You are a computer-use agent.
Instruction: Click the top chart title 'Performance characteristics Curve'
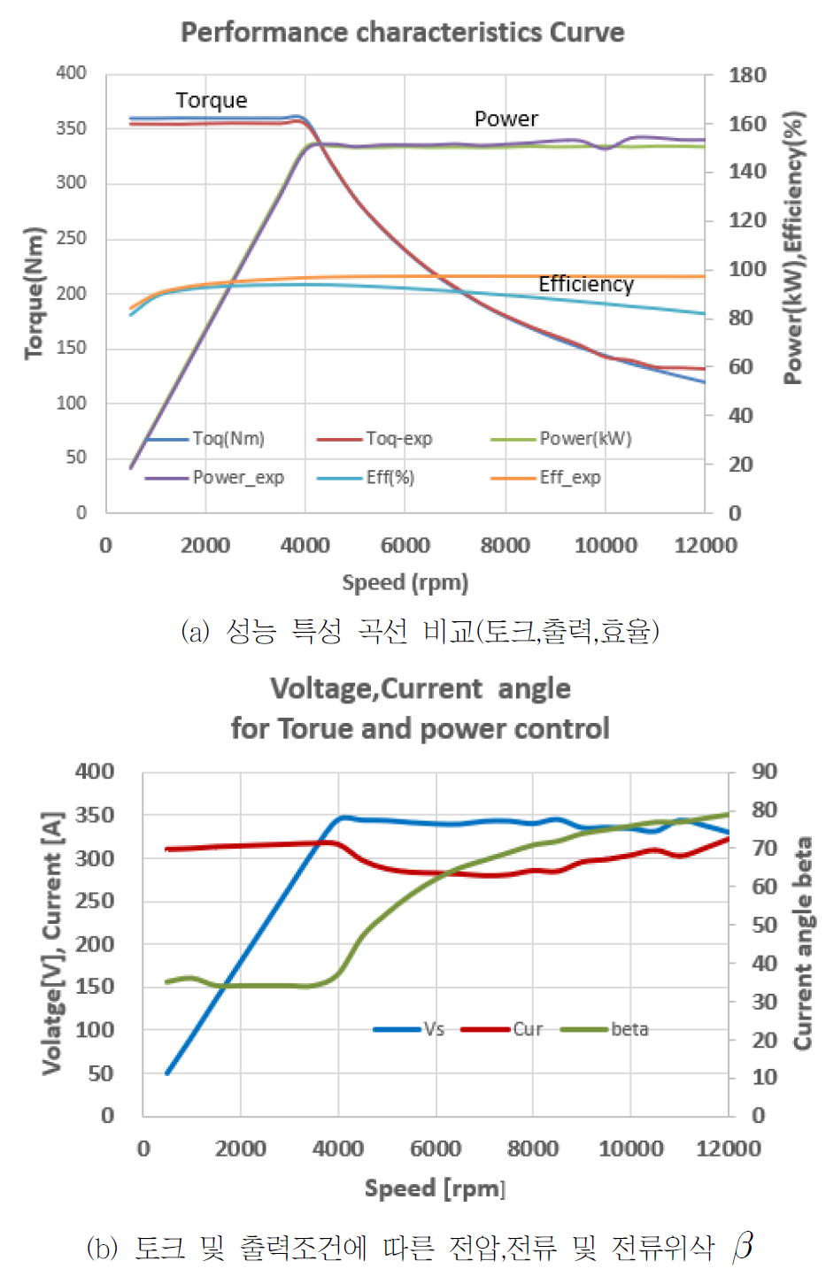pyautogui.click(x=403, y=33)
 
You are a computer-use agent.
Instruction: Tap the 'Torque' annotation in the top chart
pyautogui.click(x=212, y=100)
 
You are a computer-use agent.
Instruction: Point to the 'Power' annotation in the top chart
pyautogui.click(x=506, y=119)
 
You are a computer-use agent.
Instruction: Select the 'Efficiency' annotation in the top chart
pyautogui.click(x=586, y=284)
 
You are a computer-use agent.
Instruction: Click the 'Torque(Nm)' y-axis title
pyautogui.click(x=35, y=293)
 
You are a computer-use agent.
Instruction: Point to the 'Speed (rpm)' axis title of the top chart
pyautogui.click(x=405, y=582)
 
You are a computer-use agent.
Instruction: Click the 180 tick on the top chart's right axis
pyautogui.click(x=747, y=75)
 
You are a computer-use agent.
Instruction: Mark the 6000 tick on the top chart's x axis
pyautogui.click(x=405, y=545)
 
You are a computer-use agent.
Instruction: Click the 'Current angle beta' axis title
pyautogui.click(x=803, y=943)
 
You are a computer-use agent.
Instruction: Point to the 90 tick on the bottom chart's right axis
pyautogui.click(x=764, y=772)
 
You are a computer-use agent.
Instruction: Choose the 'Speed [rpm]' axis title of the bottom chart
pyautogui.click(x=435, y=1188)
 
